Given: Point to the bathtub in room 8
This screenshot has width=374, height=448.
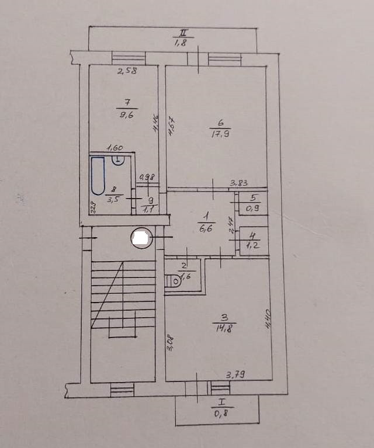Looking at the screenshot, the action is pyautogui.click(x=98, y=176).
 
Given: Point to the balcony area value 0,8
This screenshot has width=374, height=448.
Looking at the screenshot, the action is pyautogui.click(x=221, y=415).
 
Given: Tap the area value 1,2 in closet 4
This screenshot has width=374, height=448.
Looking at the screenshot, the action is pyautogui.click(x=253, y=245).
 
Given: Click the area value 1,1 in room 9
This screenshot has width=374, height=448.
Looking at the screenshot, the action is pyautogui.click(x=151, y=206).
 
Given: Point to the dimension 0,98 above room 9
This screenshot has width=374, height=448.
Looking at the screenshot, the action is pyautogui.click(x=146, y=178).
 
